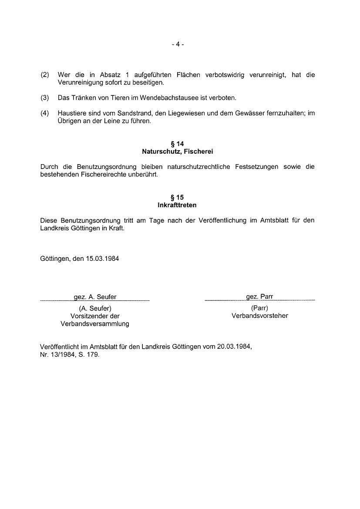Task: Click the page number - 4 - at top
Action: pyautogui.click(x=178, y=44)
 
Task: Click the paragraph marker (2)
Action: pyautogui.click(x=45, y=75)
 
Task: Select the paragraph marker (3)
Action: pyautogui.click(x=45, y=98)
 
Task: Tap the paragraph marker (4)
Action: pyautogui.click(x=45, y=113)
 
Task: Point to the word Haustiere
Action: pyautogui.click(x=71, y=113)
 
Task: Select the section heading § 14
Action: pyautogui.click(x=177, y=144)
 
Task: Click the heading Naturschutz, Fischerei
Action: pyautogui.click(x=177, y=152)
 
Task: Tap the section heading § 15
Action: pyautogui.click(x=177, y=197)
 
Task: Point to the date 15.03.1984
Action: pyautogui.click(x=102, y=258)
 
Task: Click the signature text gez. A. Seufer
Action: pyautogui.click(x=95, y=297)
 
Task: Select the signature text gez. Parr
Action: pyautogui.click(x=259, y=297)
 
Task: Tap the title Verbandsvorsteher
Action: pyautogui.click(x=260, y=316)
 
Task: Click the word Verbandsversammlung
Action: pyautogui.click(x=95, y=324)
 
